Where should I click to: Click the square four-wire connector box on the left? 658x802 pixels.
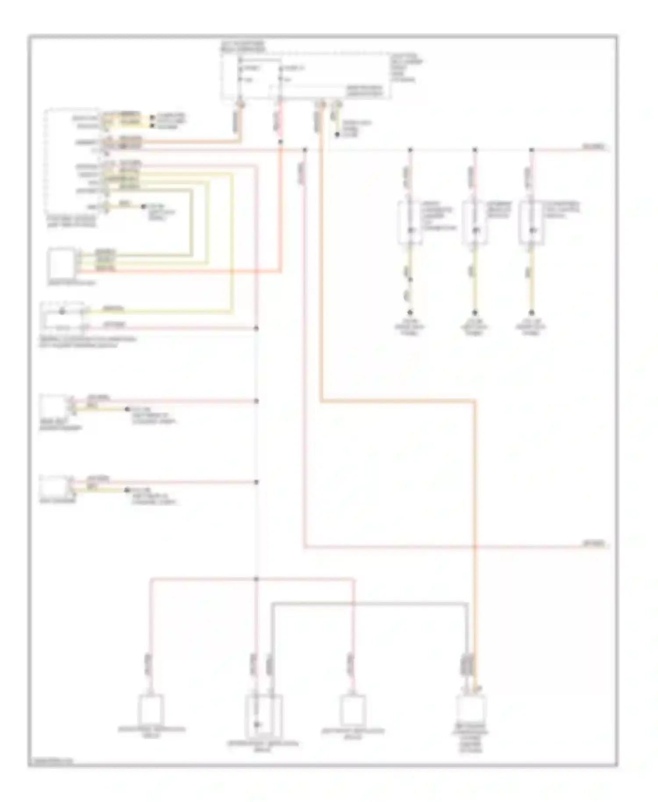[62, 262]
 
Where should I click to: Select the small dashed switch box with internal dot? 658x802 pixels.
[62, 317]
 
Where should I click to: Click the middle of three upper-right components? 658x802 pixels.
[474, 222]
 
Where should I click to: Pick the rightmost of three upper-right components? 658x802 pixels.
[531, 222]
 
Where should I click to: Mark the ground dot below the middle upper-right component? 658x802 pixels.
[474, 313]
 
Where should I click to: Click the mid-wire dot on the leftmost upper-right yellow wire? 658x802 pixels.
[410, 279]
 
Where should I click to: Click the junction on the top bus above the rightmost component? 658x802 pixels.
[531, 150]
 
